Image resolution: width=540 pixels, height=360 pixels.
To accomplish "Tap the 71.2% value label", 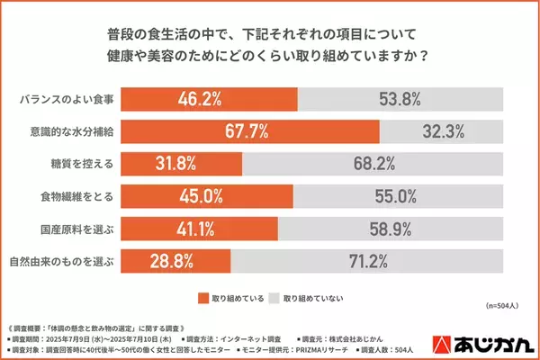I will pos(366,261).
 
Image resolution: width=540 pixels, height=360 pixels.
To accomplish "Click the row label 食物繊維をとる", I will pos(75,195).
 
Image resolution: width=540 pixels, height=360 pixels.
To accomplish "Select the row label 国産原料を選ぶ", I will pos(75,229).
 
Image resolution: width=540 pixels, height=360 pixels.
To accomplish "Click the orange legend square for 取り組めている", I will pos(202,296).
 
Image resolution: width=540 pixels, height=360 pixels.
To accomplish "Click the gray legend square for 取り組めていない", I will pos(275,296).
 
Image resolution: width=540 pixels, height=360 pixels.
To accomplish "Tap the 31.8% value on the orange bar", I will pos(176,164).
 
